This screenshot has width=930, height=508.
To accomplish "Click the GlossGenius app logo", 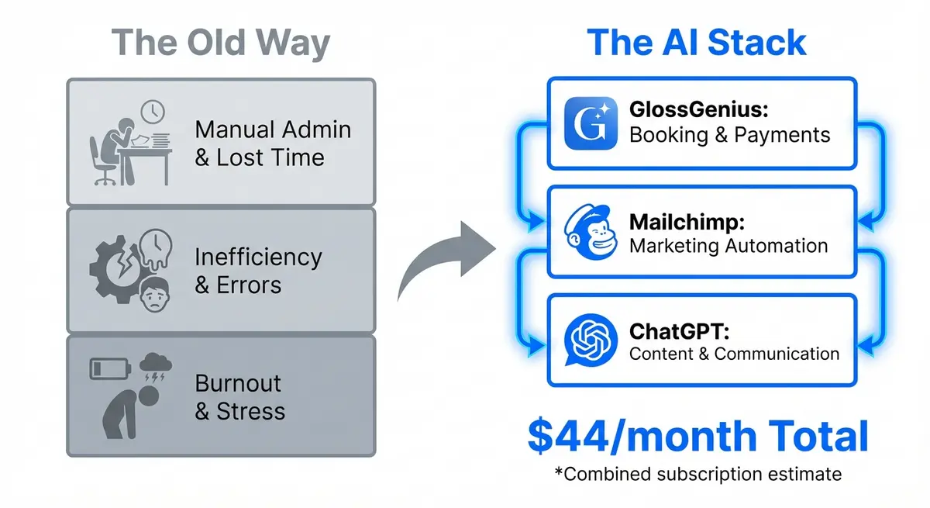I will (x=591, y=123).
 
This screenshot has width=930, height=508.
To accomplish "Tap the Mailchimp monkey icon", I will (x=591, y=232).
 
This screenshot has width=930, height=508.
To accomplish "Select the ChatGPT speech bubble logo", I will (x=591, y=340).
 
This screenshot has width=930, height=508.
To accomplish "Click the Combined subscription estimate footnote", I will (x=697, y=473).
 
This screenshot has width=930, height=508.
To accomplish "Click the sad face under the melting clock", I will (x=157, y=295).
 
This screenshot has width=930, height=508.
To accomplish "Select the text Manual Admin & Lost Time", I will (x=272, y=143).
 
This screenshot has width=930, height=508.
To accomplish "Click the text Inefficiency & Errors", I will (x=258, y=270).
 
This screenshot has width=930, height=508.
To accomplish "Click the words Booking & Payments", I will (x=729, y=135).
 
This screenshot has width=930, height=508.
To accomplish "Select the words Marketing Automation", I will (x=728, y=246).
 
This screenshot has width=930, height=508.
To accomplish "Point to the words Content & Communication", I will (x=734, y=354).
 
